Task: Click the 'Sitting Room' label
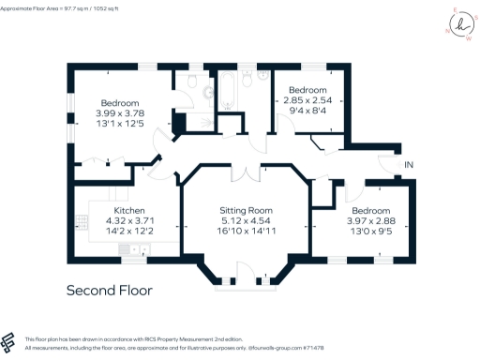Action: (245, 212)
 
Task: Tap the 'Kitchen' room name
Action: (129, 212)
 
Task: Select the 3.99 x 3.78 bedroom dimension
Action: (121, 113)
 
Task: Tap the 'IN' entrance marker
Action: (408, 166)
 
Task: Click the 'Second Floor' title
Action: (109, 291)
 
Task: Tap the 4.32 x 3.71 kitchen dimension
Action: (129, 223)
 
